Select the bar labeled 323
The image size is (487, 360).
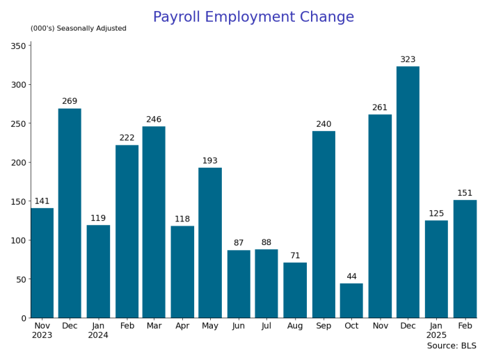[408, 192]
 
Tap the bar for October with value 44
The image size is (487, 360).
[351, 301]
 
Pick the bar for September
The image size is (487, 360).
[324, 224]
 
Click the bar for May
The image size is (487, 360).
[210, 242]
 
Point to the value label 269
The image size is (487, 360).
[70, 102]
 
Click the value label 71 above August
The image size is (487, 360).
[295, 256]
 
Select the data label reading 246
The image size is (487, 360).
[154, 120]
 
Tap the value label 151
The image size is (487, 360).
[465, 194]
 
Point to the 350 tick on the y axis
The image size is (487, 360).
[18, 46]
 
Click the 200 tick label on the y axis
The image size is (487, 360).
[18, 163]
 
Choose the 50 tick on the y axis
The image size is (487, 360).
[21, 279]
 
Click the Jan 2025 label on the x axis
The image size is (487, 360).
[436, 330]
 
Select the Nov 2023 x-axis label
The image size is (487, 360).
[42, 330]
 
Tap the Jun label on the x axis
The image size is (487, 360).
[239, 325]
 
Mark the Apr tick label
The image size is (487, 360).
[182, 325]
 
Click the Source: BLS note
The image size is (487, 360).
[452, 346]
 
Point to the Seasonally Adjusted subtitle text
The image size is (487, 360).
[79, 29]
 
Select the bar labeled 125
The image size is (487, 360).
[436, 269]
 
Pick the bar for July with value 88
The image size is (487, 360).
[266, 283]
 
